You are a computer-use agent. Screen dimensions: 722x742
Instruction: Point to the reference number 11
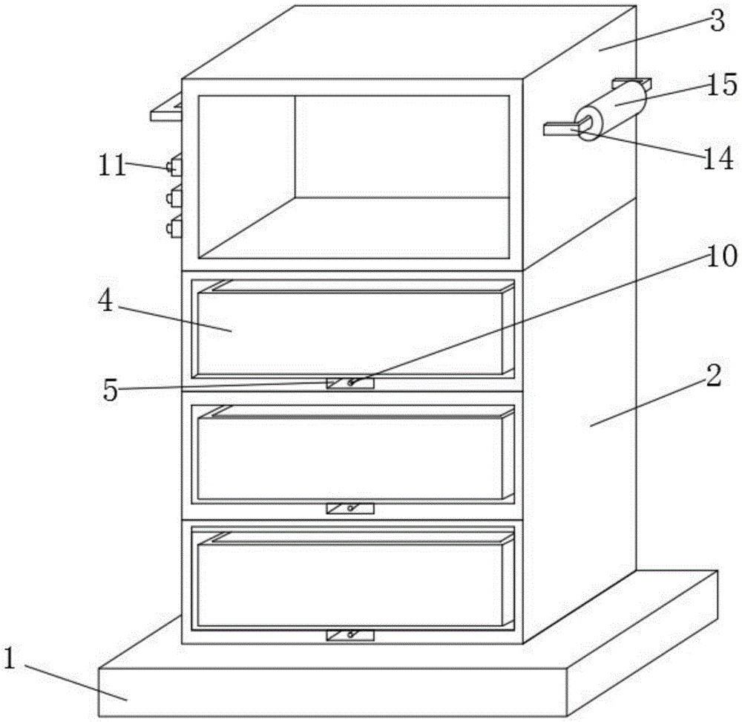click(112, 165)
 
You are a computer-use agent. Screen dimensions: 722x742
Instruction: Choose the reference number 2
click(712, 377)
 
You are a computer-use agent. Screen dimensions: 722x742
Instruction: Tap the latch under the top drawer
click(350, 383)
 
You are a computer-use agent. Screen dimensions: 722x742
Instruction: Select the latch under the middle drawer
click(350, 509)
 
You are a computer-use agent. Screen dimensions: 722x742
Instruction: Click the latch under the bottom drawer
click(350, 635)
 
